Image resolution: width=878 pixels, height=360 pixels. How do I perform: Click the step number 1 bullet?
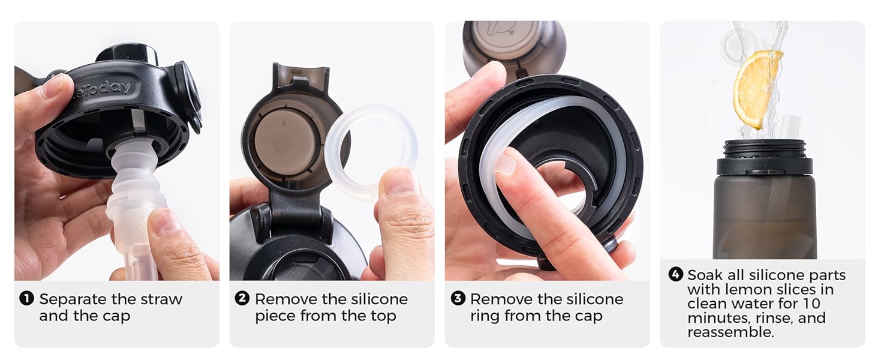26,298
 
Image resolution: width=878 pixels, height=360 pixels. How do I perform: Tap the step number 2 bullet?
242,298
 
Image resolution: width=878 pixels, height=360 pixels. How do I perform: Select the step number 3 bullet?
457,298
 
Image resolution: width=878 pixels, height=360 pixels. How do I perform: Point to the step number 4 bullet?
675,275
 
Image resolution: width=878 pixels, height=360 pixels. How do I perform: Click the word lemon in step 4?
726,289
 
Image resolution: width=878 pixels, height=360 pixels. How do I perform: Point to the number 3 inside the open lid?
283,120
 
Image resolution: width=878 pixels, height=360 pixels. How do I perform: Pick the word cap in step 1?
115,316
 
